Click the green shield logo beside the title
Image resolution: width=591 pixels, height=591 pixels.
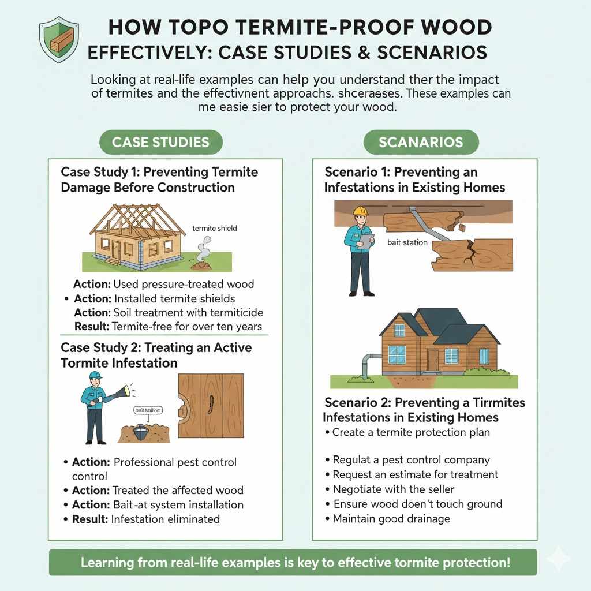[58, 36]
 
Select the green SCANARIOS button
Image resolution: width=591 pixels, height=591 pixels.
[421, 142]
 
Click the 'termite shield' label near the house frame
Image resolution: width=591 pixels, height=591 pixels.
[215, 228]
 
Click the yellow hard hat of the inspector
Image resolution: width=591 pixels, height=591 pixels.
[361, 211]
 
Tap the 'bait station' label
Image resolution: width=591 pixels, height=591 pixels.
[407, 242]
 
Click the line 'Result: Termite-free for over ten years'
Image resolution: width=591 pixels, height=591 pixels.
[168, 327]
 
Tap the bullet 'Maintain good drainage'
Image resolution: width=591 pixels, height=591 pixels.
[391, 519]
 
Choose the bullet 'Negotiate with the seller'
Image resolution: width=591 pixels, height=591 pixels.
[393, 489]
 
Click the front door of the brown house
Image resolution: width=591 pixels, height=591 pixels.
[432, 360]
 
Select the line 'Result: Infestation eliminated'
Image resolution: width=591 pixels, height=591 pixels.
[145, 519]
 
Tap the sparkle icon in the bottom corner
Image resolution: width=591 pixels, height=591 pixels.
[558, 558]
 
